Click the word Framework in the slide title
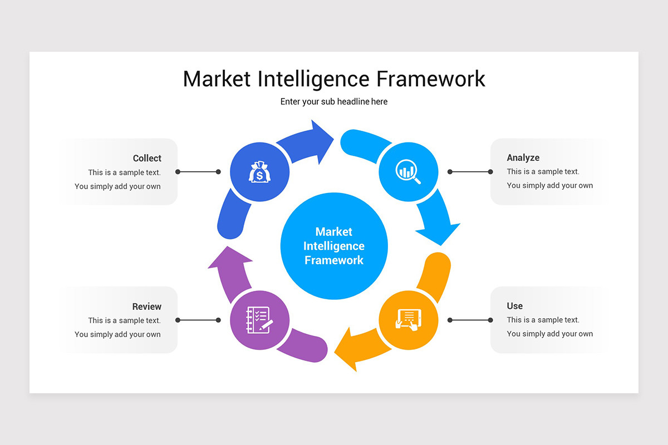430,79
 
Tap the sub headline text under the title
334,102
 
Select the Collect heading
147,159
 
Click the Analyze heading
523,158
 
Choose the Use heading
514,306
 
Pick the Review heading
146,306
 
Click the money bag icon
259,172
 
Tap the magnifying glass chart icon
408,171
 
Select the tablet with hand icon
408,320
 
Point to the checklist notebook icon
259,320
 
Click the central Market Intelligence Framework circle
334,246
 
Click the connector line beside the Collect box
198,172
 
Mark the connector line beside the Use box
470,320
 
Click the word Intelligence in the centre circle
334,246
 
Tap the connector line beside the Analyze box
470,172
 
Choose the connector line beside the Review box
198,320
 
